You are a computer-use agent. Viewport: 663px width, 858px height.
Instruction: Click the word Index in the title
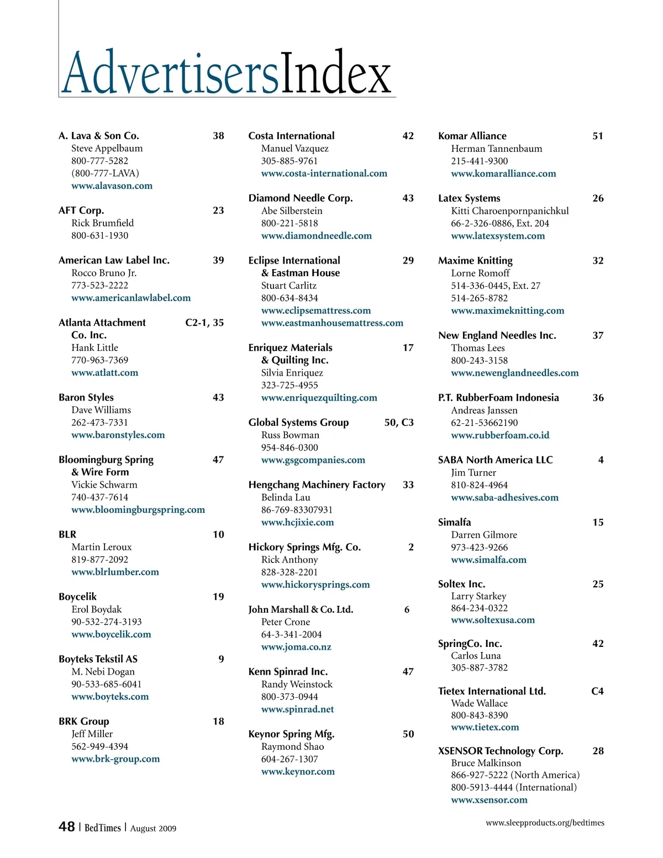point(336,72)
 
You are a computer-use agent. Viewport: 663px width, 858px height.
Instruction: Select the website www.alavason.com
point(112,186)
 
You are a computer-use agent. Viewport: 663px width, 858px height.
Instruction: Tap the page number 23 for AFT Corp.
point(218,210)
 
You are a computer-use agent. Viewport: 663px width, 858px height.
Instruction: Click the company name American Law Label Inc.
point(114,260)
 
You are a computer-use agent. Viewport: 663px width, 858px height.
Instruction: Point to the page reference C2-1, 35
point(204,322)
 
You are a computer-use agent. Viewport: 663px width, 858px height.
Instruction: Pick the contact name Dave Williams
point(101,410)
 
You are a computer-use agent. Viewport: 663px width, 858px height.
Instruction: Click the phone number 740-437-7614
point(99,497)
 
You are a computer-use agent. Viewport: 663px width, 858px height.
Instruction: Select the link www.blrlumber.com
point(115,572)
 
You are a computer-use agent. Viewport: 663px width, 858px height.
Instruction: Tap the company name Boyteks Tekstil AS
point(98,659)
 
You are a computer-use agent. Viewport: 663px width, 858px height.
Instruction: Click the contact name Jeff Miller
point(92,734)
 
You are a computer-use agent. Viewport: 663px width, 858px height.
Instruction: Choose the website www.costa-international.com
point(324,173)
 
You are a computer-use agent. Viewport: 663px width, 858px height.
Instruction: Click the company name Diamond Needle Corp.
point(301,198)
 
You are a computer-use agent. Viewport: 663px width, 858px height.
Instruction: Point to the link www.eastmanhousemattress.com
point(332,323)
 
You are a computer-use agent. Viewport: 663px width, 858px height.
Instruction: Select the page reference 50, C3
point(399,422)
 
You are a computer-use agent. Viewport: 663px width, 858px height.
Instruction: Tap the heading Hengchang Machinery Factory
point(317,485)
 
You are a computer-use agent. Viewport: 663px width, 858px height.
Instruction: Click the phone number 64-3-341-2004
point(291,634)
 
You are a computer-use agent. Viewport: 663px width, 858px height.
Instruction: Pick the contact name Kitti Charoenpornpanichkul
point(509,210)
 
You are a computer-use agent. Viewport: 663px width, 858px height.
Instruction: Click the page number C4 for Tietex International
point(597,691)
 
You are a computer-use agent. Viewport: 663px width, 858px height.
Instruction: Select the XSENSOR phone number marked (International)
point(514,787)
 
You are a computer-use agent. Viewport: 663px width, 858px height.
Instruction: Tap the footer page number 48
point(67,827)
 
